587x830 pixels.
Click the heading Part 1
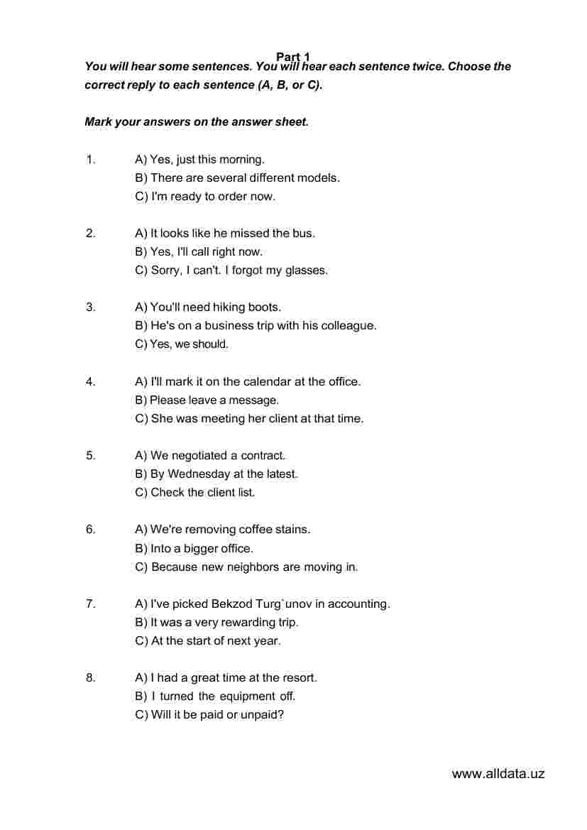(293, 57)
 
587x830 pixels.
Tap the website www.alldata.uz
(498, 774)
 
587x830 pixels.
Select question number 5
(90, 456)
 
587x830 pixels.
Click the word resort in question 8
(298, 678)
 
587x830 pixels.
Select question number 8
(90, 678)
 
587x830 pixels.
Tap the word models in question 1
(318, 178)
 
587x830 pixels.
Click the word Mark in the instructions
(98, 121)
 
